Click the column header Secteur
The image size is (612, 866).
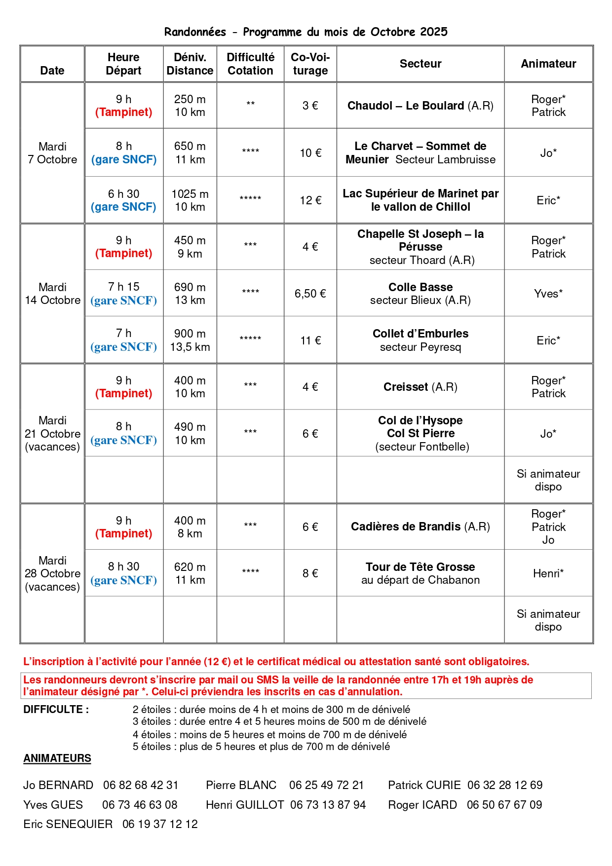420,64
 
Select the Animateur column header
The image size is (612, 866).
548,64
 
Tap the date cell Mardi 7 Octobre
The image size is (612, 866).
52,153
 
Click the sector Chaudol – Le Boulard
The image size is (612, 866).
420,106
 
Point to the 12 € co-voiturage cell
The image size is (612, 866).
310,200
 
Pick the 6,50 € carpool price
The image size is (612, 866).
310,294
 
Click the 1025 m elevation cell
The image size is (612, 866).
190,194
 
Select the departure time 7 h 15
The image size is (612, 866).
123,287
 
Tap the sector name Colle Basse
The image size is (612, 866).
420,287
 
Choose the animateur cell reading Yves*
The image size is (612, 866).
548,294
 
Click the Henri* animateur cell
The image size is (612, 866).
548,573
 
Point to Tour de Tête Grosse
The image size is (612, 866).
420,567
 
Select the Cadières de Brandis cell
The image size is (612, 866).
420,527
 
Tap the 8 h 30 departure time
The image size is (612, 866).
123,566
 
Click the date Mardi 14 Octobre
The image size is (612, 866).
52,294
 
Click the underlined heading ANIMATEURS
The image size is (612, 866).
57,758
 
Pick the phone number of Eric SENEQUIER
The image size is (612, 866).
160,824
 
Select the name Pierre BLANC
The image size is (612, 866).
241,785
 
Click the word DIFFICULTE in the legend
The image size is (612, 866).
56,710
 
